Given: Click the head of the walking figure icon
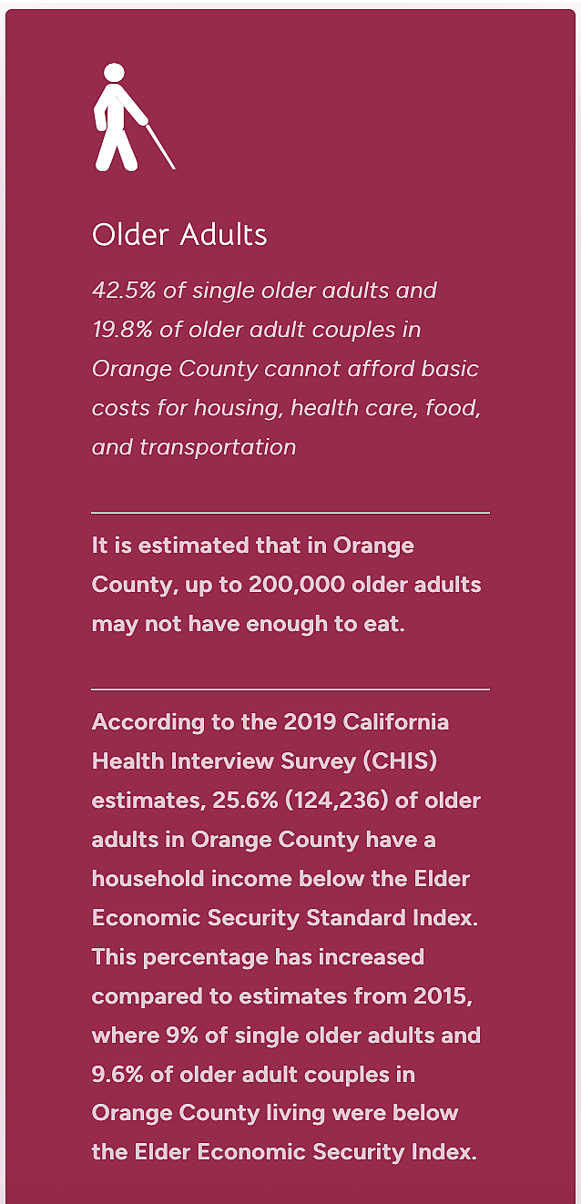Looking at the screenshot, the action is coord(114,73).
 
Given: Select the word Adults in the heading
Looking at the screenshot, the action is coord(224,235).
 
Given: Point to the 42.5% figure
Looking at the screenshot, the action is coord(124,291).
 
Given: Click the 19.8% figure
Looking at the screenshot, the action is coord(122,330).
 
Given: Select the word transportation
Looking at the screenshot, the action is coord(218,447).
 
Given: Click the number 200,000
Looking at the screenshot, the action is coord(297,585).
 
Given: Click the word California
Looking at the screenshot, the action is coord(395,722).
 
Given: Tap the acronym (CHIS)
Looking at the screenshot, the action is coord(400,761).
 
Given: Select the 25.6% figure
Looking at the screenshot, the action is coord(246,801).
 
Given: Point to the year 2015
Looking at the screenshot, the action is coord(443,996).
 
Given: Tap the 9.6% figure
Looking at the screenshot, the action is coord(117,1075).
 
